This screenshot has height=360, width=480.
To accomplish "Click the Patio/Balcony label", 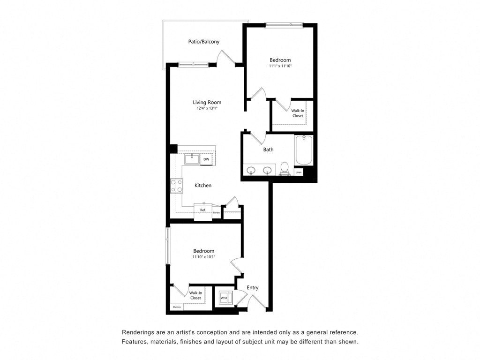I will click(204, 42).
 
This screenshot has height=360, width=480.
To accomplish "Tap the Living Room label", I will click(207, 102).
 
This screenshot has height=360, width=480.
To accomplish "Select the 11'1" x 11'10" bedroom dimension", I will click(280, 67).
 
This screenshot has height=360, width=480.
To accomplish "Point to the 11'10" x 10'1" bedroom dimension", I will click(203, 257).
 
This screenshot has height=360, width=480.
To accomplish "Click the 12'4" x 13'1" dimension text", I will click(207, 108).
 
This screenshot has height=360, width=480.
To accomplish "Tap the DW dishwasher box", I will click(206, 159).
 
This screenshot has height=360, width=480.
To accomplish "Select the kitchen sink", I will click(192, 159).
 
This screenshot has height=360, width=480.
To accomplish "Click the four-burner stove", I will click(177, 186).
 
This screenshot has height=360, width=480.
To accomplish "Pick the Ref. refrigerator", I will click(203, 210).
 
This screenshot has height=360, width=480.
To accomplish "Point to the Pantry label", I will click(216, 213).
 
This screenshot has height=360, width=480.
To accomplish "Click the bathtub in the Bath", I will click(304, 150).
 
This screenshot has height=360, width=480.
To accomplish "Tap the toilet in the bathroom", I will click(284, 168).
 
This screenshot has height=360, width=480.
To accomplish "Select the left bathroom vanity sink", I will click(252, 170).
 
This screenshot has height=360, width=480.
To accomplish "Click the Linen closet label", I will click(299, 172).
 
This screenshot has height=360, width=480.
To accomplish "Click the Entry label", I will click(253, 288).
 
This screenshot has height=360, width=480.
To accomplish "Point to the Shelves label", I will click(177, 307).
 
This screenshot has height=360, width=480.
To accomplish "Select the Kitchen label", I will click(203, 186).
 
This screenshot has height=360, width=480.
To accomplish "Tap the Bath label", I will click(268, 150).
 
